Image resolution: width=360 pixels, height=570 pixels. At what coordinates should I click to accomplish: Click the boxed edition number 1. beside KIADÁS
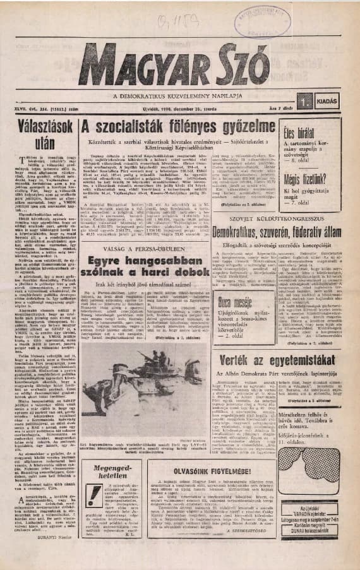click(x=306, y=100)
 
